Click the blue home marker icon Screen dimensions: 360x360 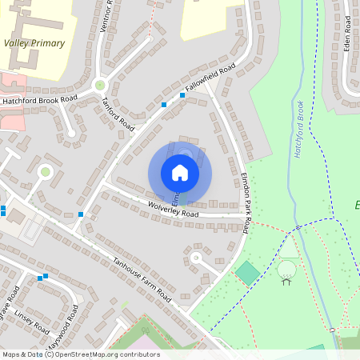pyautogui.click(x=180, y=172)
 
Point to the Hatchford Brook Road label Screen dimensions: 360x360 pyautogui.click(x=39, y=101)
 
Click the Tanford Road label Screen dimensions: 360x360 pyautogui.click(x=118, y=113)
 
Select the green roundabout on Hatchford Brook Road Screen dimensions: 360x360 pyautogui.click(x=100, y=84)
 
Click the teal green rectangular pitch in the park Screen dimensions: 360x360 pyautogui.click(x=248, y=273)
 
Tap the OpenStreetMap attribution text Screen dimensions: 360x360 pyautogui.click(x=81, y=354)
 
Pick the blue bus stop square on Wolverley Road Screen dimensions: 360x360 pyautogui.click(x=81, y=214)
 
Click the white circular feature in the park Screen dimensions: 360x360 pyautogui.click(x=286, y=270)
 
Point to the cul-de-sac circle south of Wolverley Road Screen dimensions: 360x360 pyautogui.click(x=194, y=257)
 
